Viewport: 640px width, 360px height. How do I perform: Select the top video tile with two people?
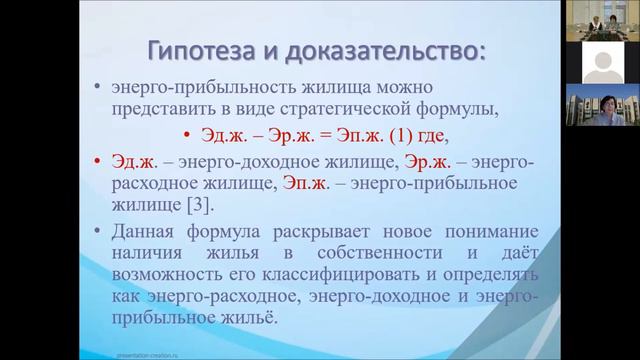pos(602,21)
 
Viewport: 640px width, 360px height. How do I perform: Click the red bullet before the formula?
pos(186,137)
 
